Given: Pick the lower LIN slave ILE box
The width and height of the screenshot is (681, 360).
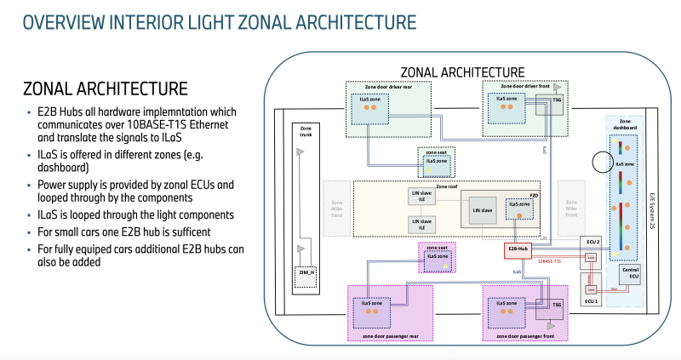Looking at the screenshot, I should tap(422, 225).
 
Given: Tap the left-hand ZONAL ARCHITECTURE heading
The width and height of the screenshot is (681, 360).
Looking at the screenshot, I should tap(106, 89).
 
